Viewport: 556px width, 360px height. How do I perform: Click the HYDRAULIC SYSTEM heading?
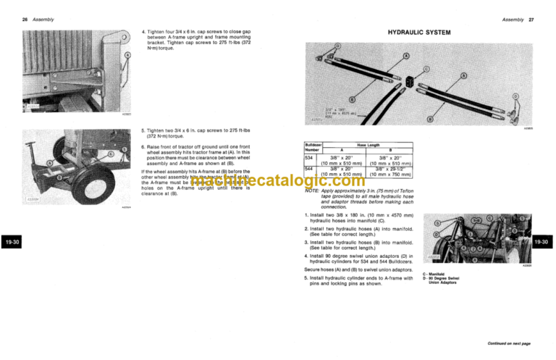[419, 33]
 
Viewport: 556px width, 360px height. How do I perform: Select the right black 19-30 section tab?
[544, 241]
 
